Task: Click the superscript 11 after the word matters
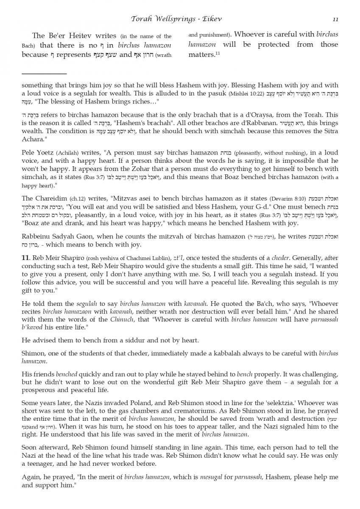pos(215,53)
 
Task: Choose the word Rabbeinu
pos(36,236)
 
